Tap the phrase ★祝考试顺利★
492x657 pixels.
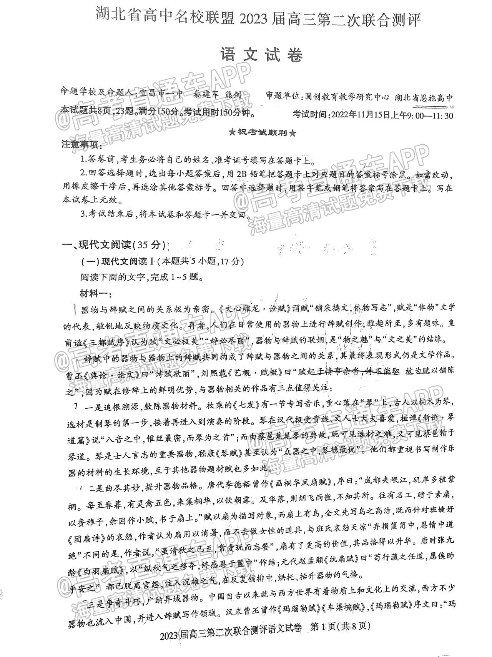263,133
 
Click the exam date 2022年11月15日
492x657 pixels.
362,115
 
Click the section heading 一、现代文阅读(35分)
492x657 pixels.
114,245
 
